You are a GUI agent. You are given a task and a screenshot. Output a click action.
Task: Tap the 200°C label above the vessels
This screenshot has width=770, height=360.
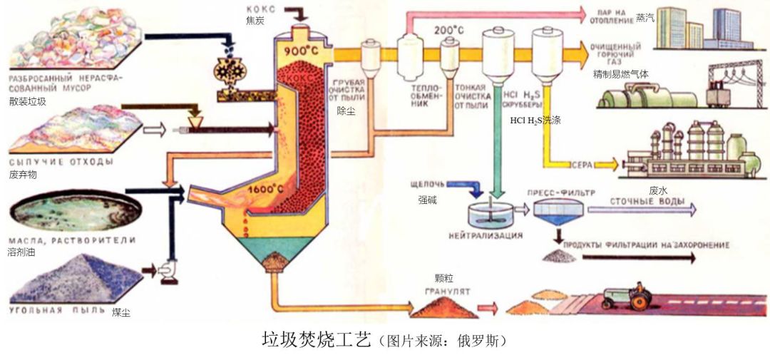[449, 31]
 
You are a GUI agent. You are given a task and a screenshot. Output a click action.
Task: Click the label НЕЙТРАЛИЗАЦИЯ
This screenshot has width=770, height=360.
[486, 235]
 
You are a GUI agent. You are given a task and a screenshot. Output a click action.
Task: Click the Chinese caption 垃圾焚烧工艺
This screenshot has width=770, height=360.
[317, 339]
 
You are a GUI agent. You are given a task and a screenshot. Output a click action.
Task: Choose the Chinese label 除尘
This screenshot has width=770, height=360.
[346, 110]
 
